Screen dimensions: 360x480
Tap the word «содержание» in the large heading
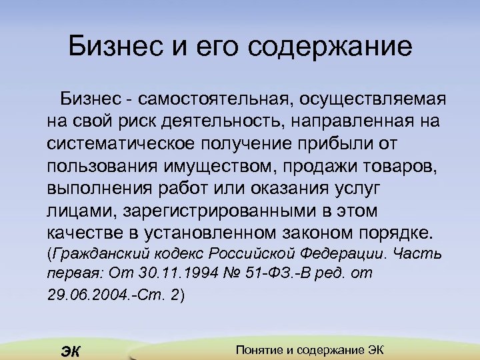click(x=331, y=47)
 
